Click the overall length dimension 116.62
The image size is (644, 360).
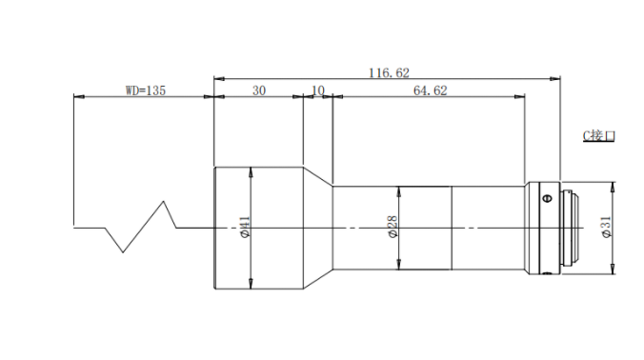coord(389,73)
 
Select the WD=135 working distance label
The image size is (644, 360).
coord(146,90)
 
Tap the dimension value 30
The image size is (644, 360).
coord(259,90)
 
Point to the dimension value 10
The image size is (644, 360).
coord(318,90)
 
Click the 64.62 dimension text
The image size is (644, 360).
coord(430,90)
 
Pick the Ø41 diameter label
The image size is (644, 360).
coord(245,227)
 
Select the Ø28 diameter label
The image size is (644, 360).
coord(392,227)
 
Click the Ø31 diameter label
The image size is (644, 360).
coord(606,227)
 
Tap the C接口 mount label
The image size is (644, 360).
coord(599,135)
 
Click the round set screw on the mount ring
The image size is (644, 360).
coord(547,199)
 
